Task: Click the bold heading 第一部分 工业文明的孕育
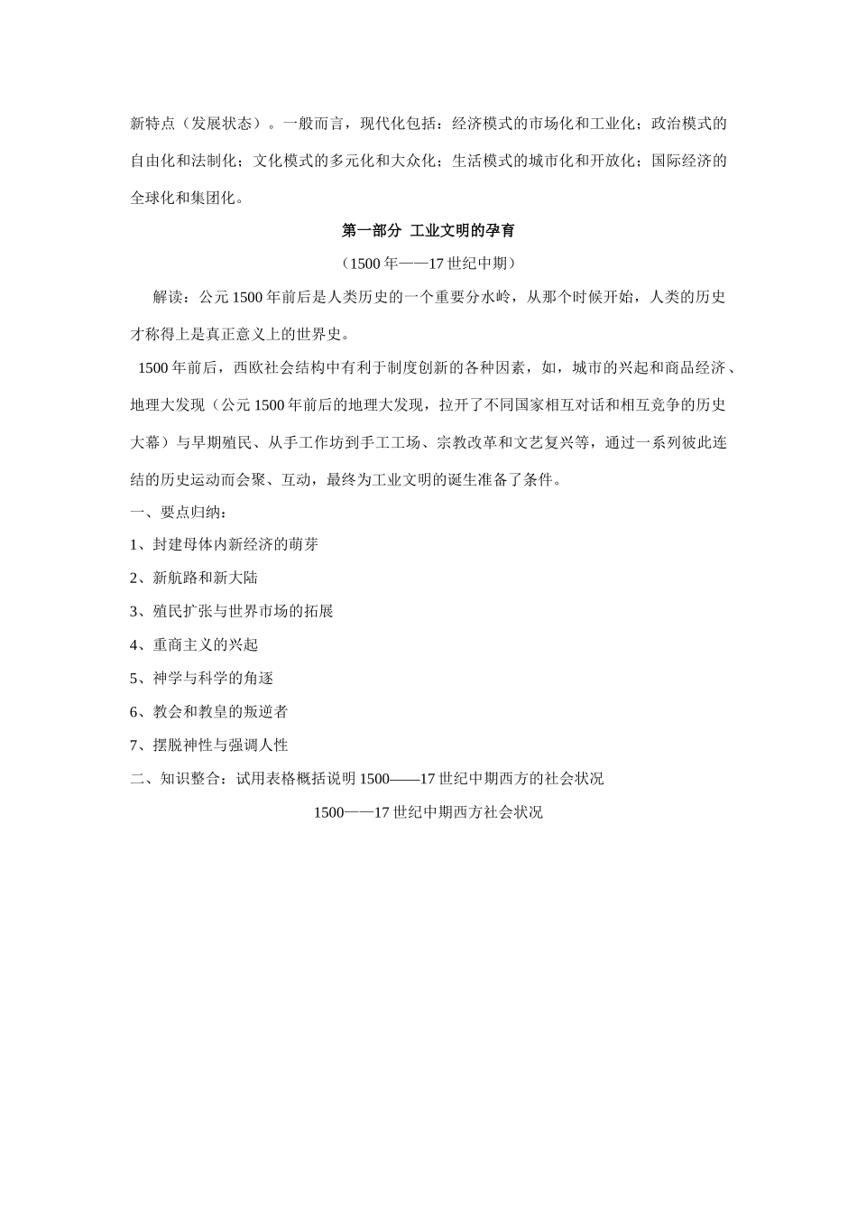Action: point(428,231)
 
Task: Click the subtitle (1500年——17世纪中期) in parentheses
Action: point(428,264)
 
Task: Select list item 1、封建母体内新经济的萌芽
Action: point(224,544)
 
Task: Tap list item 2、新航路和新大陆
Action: point(194,578)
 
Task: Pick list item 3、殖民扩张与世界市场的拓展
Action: point(232,611)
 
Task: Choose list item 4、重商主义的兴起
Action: point(194,644)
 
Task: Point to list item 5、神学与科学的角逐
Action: point(201,678)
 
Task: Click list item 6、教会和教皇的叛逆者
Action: point(208,711)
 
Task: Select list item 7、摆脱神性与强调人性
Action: point(208,745)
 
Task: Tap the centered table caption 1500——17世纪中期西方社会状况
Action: point(428,811)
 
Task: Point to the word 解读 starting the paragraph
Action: point(168,297)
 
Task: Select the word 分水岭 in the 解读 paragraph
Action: point(493,297)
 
